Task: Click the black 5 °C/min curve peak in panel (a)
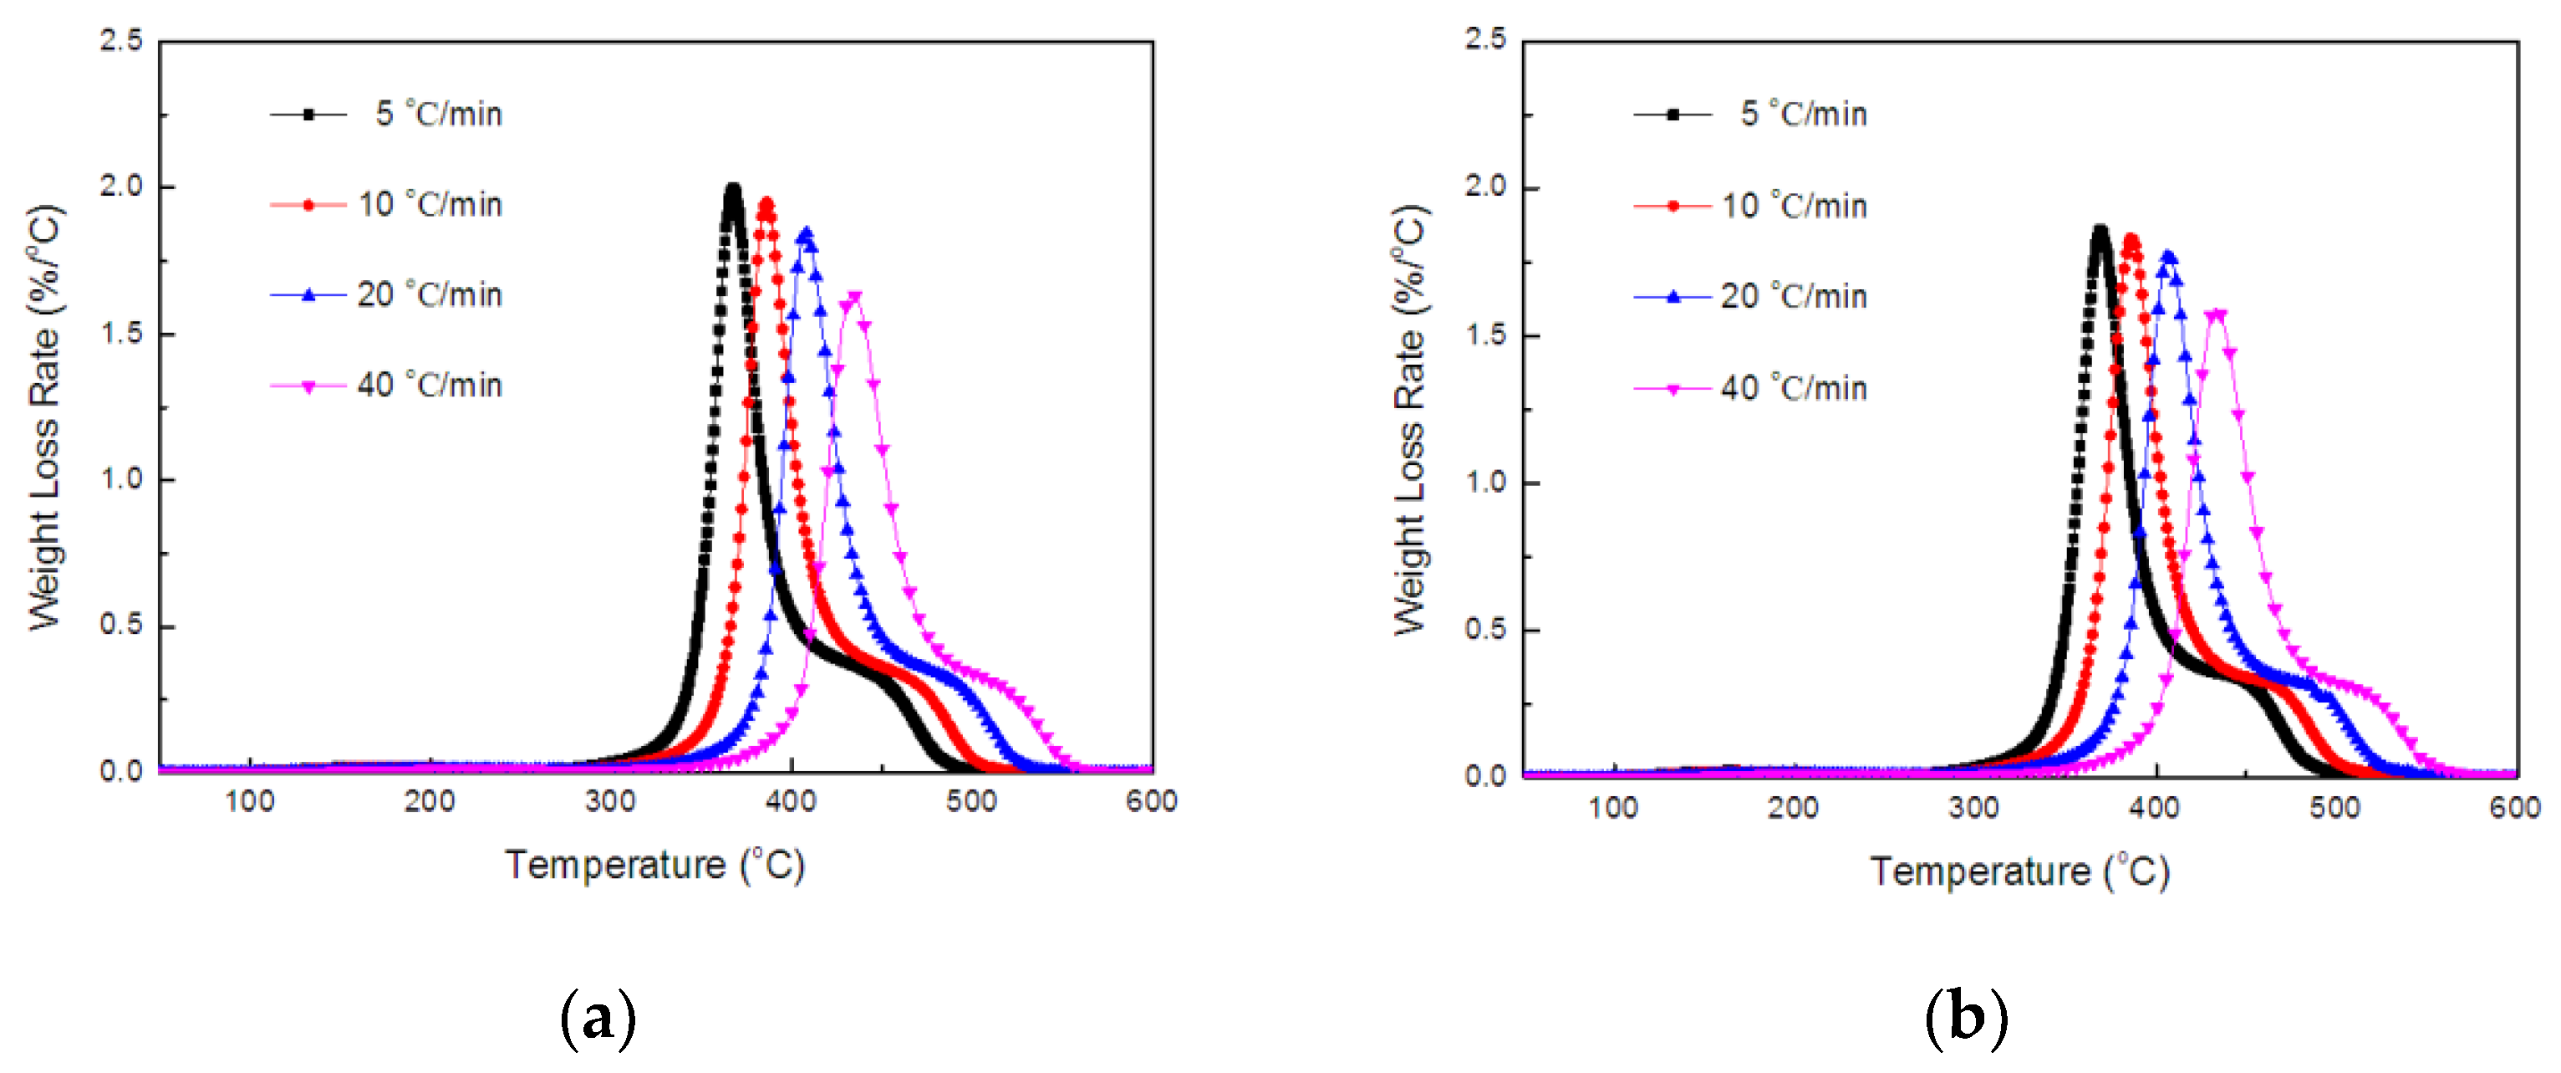(733, 189)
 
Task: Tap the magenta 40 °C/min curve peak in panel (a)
(853, 296)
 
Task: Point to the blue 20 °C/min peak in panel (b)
(2168, 257)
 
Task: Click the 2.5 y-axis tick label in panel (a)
(121, 41)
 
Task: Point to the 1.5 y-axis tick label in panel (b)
(1485, 335)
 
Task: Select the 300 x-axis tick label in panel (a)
(609, 801)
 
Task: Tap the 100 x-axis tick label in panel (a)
(248, 801)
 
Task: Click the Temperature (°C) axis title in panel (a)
(654, 864)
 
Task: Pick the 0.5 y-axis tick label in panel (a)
(121, 625)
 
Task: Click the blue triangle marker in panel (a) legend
(308, 294)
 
